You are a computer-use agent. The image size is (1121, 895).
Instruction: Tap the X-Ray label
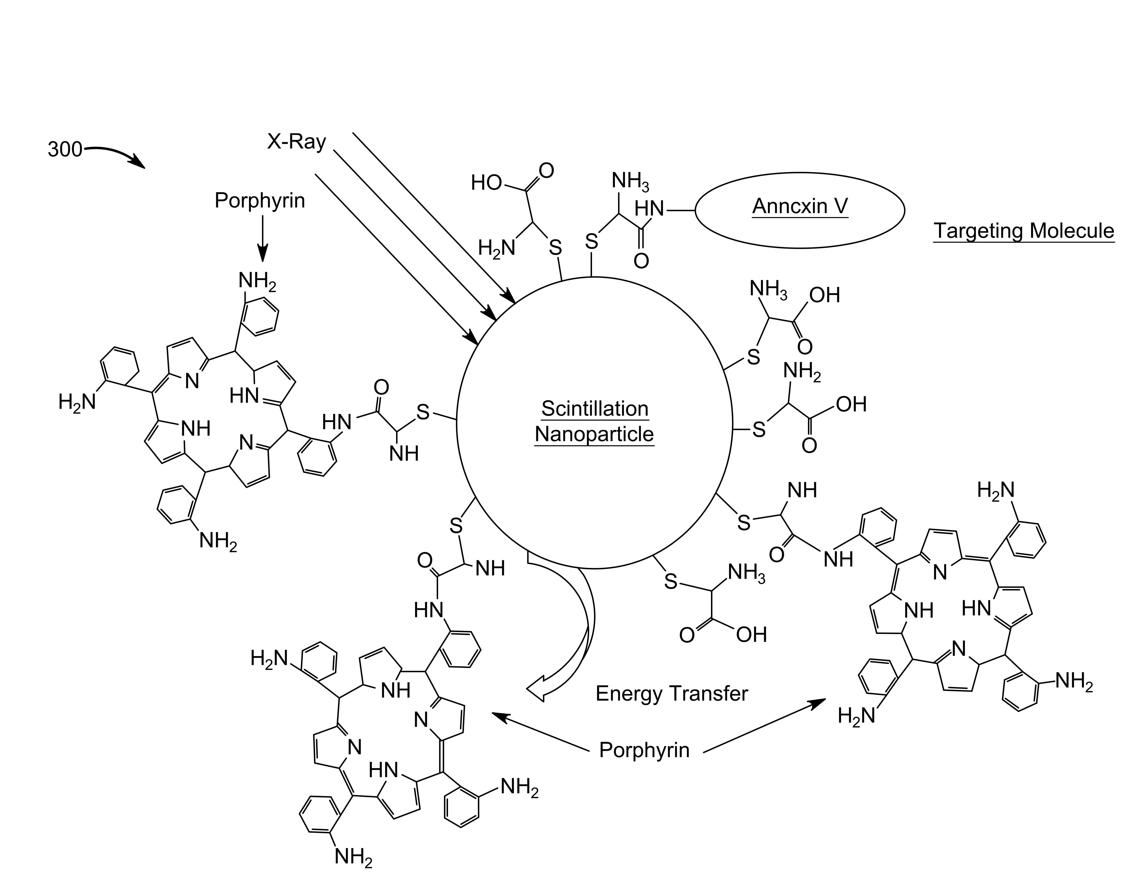click(296, 141)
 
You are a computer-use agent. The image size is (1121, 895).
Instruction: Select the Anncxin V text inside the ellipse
click(800, 206)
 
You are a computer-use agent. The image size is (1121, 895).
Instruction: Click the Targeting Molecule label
click(1023, 231)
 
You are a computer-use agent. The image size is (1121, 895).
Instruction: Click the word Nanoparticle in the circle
click(594, 434)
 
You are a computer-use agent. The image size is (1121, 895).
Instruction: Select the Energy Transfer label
click(671, 693)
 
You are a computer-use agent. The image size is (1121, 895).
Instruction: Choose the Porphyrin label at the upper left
click(260, 201)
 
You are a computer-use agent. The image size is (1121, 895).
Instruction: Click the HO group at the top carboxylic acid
click(486, 183)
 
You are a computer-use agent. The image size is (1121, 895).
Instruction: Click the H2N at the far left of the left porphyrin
click(77, 402)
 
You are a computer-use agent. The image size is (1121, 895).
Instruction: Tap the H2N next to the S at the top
click(496, 248)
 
